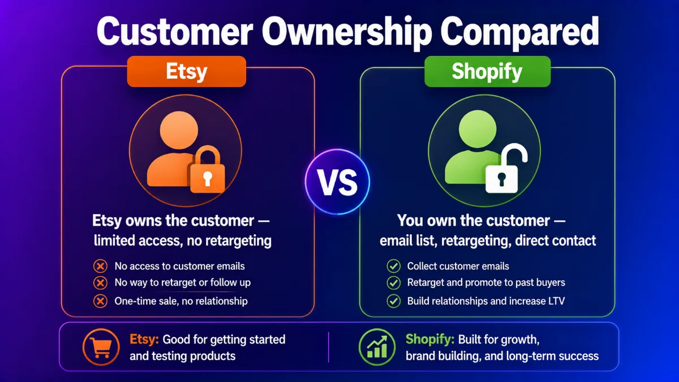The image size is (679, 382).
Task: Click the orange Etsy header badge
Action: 186,71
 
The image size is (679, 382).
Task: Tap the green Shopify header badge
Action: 487,71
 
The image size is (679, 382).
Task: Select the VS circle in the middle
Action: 337,182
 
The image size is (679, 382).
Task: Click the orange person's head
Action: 179,130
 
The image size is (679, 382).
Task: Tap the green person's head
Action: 478,129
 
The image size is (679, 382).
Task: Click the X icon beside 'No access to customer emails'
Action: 100,266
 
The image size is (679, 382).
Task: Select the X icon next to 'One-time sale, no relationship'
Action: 100,301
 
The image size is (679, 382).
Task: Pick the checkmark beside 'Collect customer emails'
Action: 393,266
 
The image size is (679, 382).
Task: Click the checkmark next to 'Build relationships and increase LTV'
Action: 393,301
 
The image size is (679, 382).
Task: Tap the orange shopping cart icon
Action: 101,347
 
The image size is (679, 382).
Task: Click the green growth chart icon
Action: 377,347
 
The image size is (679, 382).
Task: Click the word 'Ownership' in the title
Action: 347,32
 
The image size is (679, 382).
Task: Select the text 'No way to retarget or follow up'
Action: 182,282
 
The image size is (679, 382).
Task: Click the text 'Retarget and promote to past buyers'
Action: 486,282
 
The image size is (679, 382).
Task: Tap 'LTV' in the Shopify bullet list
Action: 556,301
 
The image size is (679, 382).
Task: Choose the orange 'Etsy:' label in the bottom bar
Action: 144,340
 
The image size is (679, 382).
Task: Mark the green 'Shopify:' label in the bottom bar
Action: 430,340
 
